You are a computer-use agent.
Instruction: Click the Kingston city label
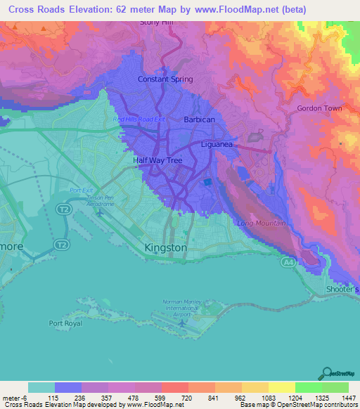click(x=165, y=248)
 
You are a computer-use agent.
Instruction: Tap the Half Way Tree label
click(x=158, y=160)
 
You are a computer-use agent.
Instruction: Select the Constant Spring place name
click(x=165, y=79)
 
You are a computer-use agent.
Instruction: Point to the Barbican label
click(x=199, y=120)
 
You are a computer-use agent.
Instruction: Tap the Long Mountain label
click(x=261, y=223)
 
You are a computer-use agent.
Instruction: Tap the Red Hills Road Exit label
click(x=139, y=119)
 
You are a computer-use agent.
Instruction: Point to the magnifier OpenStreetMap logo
click(x=326, y=374)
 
